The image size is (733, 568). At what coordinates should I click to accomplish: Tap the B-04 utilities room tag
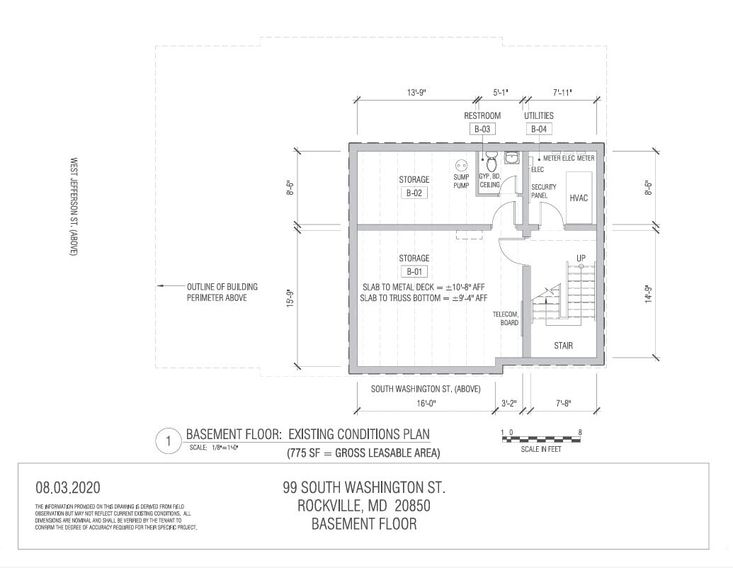point(539,129)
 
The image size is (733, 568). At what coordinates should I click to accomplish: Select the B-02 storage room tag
point(414,193)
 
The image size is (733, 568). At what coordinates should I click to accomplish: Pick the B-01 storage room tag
point(414,271)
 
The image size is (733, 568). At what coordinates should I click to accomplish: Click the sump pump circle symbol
point(462,164)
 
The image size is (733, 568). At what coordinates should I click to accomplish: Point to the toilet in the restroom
point(491,157)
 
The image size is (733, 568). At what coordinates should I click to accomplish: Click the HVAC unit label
point(579,198)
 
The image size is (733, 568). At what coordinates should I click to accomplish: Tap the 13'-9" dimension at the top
point(416,92)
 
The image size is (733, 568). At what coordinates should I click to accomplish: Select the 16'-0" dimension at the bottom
point(425,404)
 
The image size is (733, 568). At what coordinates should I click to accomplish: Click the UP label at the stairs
point(581,257)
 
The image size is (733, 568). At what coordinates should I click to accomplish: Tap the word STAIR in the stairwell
point(564,346)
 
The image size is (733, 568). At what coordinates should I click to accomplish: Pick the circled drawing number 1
point(169,441)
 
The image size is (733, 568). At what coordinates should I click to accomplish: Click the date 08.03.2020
point(68,487)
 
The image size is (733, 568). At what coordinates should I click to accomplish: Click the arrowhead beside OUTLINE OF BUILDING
point(161,287)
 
